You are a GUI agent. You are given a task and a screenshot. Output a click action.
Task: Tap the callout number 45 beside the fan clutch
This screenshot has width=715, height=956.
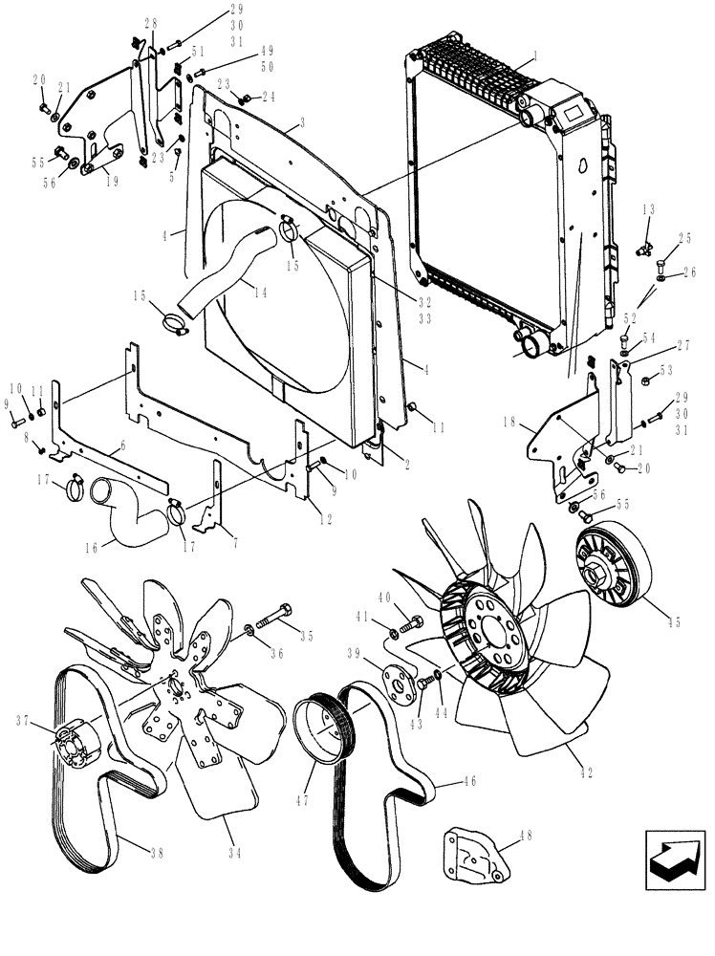tap(674, 622)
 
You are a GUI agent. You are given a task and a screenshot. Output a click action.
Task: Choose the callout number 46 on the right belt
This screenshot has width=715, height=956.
tap(442, 782)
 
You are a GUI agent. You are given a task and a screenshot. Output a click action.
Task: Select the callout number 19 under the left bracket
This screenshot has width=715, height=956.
tap(112, 181)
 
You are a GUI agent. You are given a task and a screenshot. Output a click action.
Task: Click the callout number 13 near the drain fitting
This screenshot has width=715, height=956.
tap(648, 209)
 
